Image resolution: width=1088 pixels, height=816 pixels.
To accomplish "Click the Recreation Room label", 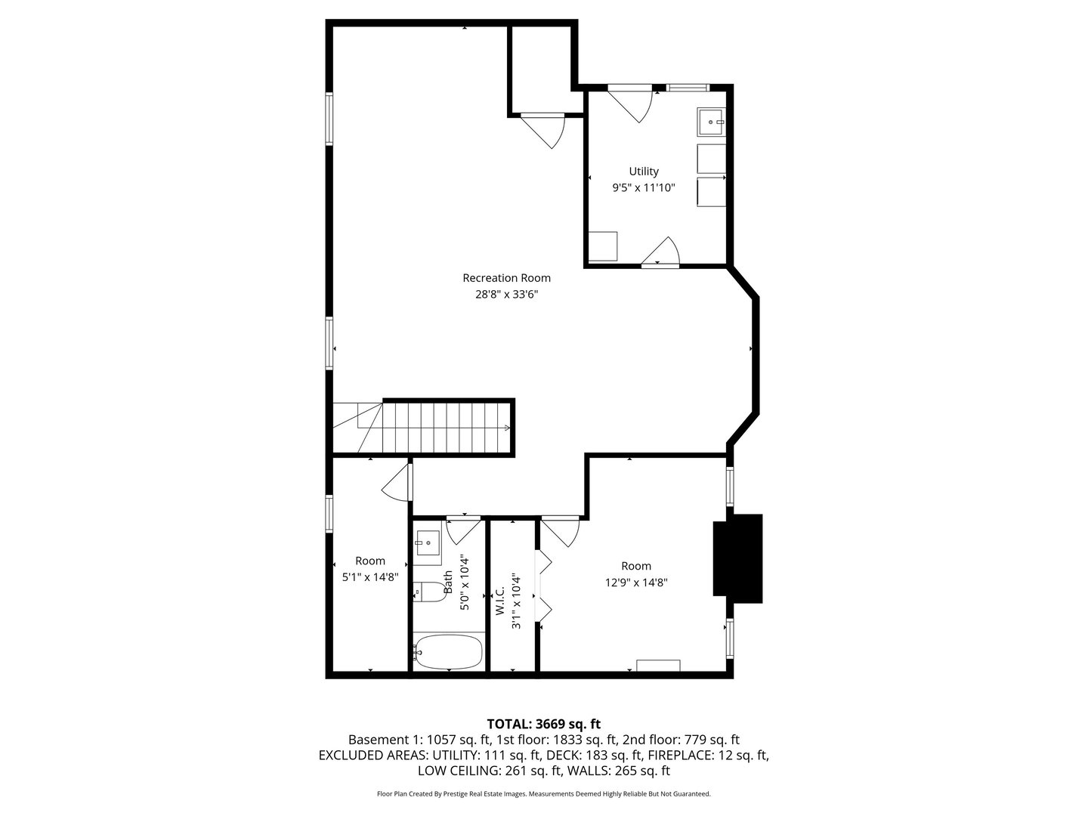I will tap(506, 278).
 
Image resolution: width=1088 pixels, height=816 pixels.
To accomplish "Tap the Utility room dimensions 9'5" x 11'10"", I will tap(643, 187).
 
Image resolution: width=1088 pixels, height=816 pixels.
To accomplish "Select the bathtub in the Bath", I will tap(448, 651).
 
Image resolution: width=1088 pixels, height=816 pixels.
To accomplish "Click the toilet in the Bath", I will tap(429, 592).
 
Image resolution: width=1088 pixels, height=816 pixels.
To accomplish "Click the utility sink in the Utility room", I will tap(711, 121).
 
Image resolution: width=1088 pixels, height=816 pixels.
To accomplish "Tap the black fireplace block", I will tap(738, 558).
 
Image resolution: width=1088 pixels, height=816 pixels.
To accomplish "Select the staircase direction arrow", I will tap(506, 428).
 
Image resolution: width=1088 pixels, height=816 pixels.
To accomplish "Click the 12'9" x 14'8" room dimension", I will tap(635, 583).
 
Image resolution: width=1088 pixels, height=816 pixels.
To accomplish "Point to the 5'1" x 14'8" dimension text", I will tap(370, 576).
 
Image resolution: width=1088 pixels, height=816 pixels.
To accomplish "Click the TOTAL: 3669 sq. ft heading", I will tap(544, 724).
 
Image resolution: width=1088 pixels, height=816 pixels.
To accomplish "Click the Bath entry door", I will tap(462, 530).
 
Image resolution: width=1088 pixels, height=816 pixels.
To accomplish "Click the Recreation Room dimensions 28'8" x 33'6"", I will tap(506, 295).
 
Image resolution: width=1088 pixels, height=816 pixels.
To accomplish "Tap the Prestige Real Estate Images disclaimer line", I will tap(544, 794).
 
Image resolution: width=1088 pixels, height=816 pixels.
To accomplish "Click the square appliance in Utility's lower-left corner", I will tap(602, 246).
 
